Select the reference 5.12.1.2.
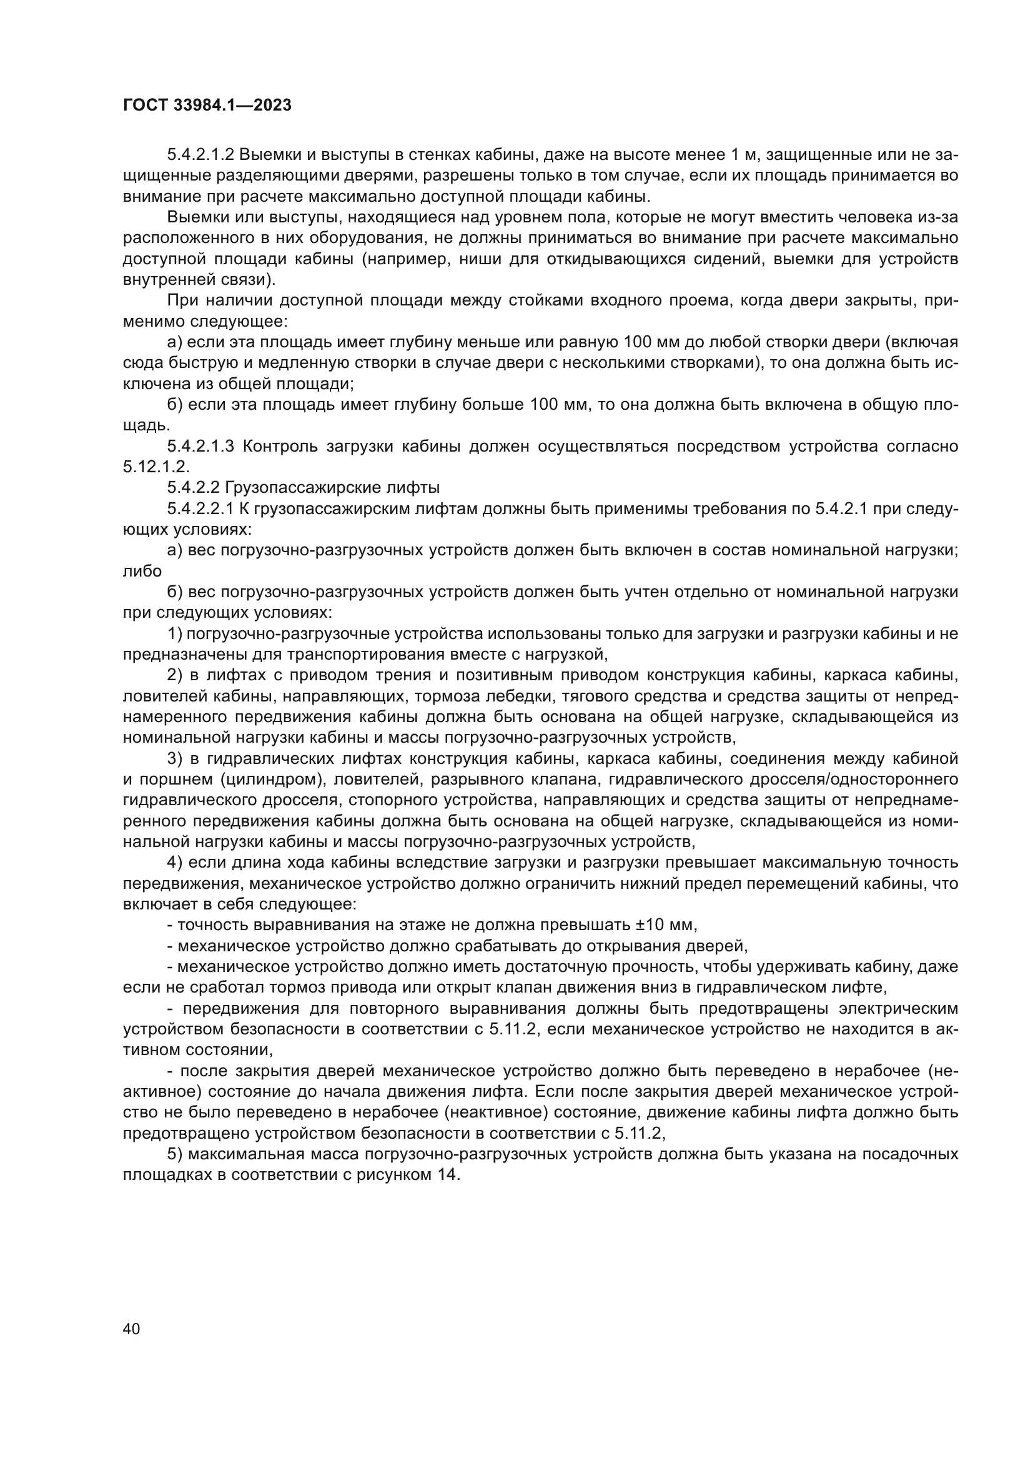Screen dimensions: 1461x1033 (x=156, y=467)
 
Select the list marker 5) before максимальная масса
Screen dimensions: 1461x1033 (x=175, y=1154)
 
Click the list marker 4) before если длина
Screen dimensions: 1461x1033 (x=175, y=862)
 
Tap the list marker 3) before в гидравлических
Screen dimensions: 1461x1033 (x=175, y=758)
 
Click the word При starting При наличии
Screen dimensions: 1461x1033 (x=182, y=301)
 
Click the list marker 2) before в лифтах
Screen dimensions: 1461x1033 (x=175, y=675)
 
